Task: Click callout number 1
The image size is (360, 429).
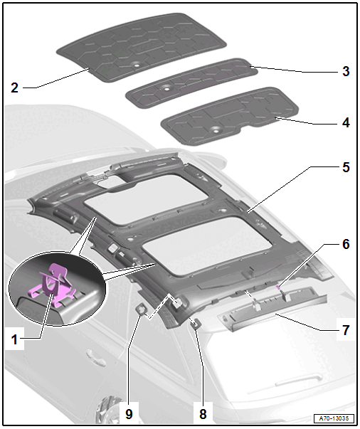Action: [14, 340]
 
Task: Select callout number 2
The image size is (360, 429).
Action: [14, 88]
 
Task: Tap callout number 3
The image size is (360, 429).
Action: [346, 71]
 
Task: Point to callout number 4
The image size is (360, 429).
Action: [346, 123]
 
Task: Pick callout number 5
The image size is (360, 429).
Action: [346, 167]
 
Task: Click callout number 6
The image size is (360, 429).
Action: [346, 244]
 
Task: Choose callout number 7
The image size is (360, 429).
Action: [346, 330]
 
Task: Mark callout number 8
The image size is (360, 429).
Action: [203, 414]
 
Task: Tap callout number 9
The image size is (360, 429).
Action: [129, 414]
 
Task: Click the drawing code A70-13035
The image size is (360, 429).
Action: [334, 418]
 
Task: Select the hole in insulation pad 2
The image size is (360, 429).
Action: [136, 65]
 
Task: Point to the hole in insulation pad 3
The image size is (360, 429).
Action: [166, 88]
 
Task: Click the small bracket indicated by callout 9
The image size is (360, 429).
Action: [141, 309]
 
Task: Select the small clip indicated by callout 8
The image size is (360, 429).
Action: [196, 324]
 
